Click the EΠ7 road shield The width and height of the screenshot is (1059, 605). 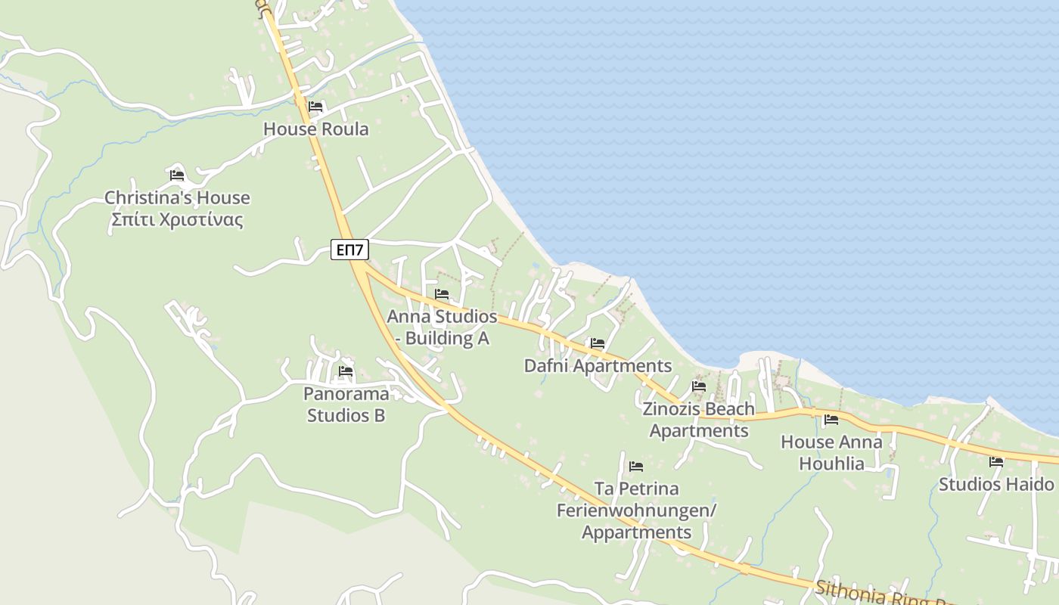[349, 249]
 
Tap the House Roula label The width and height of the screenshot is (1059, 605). [316, 129]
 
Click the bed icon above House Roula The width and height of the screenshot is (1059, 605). [315, 107]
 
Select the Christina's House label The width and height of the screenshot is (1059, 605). [177, 198]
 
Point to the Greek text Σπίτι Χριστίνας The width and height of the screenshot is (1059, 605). [177, 220]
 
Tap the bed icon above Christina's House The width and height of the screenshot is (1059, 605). [177, 175]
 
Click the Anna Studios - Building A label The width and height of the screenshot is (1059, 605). [443, 327]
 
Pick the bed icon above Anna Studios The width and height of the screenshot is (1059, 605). [442, 294]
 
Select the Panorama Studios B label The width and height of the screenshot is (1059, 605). [346, 405]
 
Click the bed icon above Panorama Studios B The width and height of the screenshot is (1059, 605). [346, 371]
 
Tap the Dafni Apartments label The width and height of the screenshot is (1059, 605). [598, 366]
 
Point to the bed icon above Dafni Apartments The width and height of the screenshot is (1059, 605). [598, 343]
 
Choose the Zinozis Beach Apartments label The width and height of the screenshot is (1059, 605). [699, 420]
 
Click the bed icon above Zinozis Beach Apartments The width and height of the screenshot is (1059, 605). [699, 386]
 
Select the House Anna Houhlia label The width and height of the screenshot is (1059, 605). [831, 452]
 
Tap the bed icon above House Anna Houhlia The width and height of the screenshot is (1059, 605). [831, 420]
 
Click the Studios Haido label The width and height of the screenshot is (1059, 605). [996, 484]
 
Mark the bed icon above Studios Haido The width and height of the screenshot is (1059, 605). [996, 461]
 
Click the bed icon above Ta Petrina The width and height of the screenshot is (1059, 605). [636, 467]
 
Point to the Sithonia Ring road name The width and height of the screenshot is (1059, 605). [877, 593]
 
